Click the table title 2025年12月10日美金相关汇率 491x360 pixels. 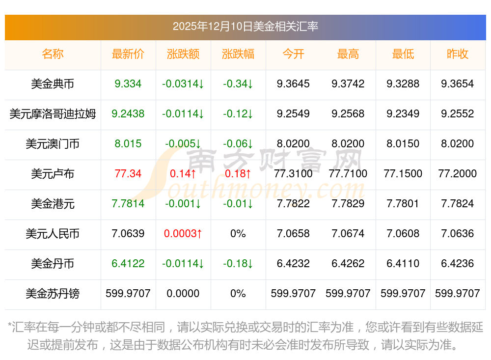(245, 26)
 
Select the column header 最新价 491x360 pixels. (128, 54)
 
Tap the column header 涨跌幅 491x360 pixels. (238, 54)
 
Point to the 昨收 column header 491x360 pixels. (458, 54)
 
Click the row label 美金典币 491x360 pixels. (53, 84)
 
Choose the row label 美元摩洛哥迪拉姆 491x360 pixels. (53, 114)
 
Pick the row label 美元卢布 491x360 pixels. (53, 174)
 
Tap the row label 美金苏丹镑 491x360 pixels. (53, 294)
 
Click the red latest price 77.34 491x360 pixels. (128, 174)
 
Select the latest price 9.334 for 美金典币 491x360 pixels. (128, 84)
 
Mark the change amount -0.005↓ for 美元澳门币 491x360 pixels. (183, 144)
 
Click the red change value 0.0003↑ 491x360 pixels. (183, 234)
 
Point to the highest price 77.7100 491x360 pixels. (348, 174)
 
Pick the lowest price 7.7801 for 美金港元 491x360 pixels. (403, 204)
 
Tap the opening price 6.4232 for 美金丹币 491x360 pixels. (293, 264)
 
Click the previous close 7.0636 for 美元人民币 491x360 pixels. (458, 234)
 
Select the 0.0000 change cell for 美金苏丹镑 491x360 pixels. (183, 294)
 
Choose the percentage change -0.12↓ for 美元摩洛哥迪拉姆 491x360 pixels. (238, 114)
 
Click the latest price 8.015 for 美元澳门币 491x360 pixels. (128, 144)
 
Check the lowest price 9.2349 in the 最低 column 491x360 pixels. (403, 114)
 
